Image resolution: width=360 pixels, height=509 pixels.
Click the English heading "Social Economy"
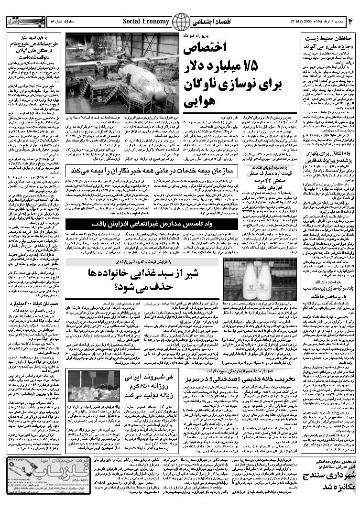146,22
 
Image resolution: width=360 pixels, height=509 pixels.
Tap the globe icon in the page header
180,22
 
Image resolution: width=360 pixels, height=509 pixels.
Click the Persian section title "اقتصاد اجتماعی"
209,22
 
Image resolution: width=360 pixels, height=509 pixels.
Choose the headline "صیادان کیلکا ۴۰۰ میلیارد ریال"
31,306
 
